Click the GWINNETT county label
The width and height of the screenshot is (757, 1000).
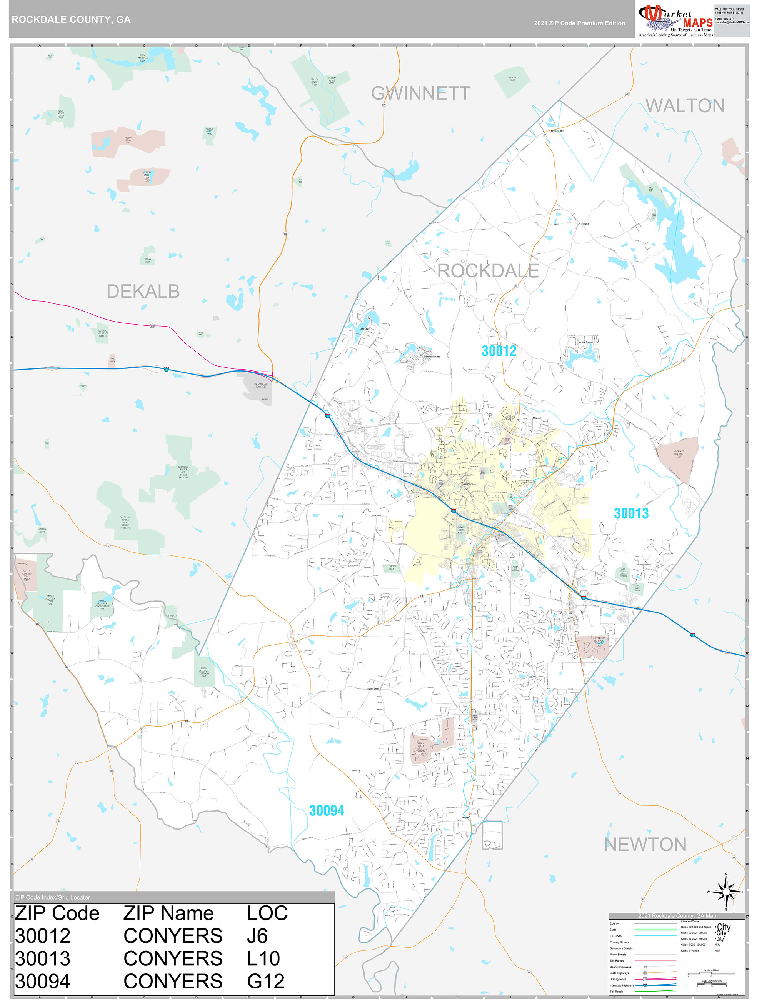tap(420, 93)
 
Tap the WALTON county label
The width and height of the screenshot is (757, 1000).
tap(685, 106)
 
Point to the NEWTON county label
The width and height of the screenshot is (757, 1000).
tap(645, 845)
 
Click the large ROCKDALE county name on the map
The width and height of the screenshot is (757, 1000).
tap(489, 271)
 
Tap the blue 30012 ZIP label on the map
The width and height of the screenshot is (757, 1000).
tap(499, 351)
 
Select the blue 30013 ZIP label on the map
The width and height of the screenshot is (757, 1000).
tap(631, 513)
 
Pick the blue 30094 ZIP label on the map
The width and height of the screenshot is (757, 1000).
tap(327, 811)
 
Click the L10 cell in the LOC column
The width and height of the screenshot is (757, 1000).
tap(263, 958)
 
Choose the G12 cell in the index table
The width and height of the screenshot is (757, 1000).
tap(265, 982)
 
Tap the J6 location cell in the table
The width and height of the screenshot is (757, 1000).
tap(257, 936)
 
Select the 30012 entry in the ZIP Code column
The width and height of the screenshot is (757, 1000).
tap(43, 936)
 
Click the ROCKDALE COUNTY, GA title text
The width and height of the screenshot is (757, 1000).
tap(71, 20)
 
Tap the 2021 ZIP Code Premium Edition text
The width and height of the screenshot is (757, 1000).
tap(579, 23)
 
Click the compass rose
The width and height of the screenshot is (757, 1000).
tap(726, 892)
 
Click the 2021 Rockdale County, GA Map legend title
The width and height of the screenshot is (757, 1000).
tap(677, 915)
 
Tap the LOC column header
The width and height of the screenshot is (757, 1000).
tap(267, 913)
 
